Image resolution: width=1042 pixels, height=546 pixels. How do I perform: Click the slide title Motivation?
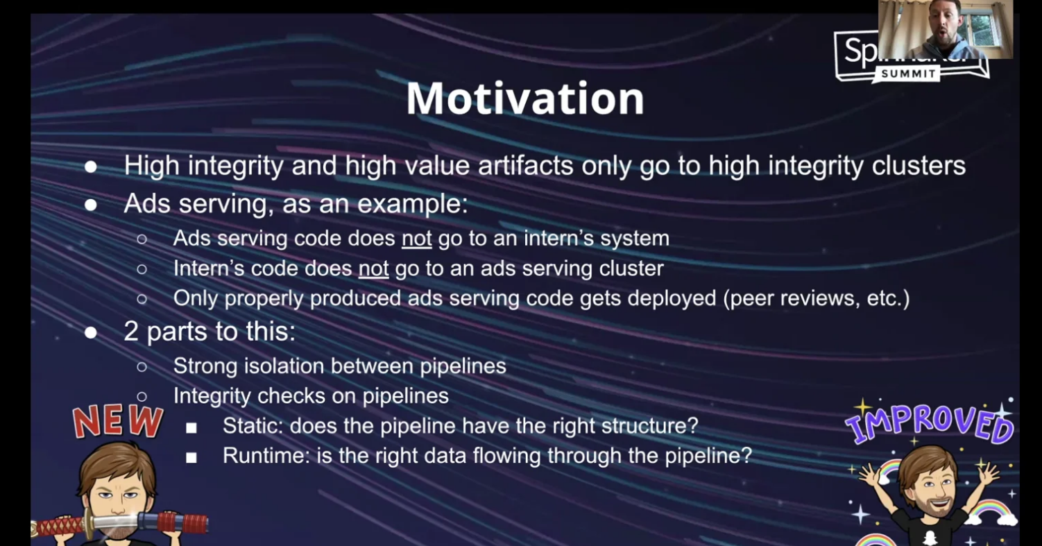[525, 98]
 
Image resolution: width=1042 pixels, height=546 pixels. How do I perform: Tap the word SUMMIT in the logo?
[909, 74]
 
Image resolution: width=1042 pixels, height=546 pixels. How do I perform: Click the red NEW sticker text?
[118, 421]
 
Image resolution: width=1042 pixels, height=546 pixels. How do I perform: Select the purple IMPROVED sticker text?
[930, 424]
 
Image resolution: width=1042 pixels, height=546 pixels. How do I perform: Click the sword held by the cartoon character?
[119, 524]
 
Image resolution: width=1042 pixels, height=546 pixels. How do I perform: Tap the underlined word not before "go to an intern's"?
[416, 239]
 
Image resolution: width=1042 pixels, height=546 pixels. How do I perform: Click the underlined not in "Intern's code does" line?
[373, 268]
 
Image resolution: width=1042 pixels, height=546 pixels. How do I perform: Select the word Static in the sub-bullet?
[253, 425]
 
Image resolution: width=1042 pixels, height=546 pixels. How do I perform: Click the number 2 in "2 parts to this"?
[130, 332]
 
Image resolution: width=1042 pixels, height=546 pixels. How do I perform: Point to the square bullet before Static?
[191, 428]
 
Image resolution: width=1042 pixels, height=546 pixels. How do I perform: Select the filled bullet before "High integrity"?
[91, 167]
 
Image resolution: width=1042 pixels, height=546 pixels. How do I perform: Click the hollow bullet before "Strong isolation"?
[142, 368]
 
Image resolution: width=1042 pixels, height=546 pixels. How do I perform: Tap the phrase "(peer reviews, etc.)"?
[816, 298]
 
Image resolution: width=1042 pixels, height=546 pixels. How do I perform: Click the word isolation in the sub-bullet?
[284, 366]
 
